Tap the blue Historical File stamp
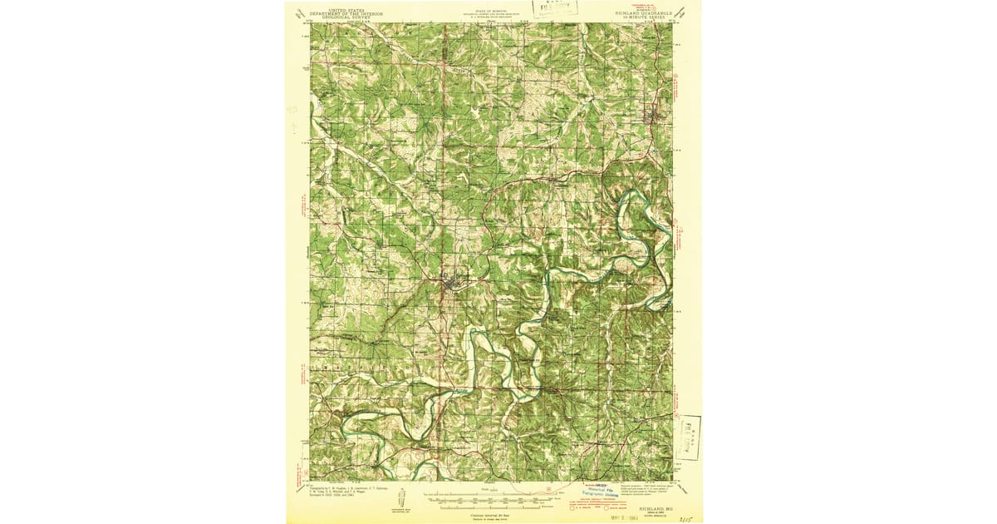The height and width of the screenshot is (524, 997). click(603, 492)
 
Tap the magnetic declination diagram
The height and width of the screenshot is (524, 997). click(403, 501)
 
